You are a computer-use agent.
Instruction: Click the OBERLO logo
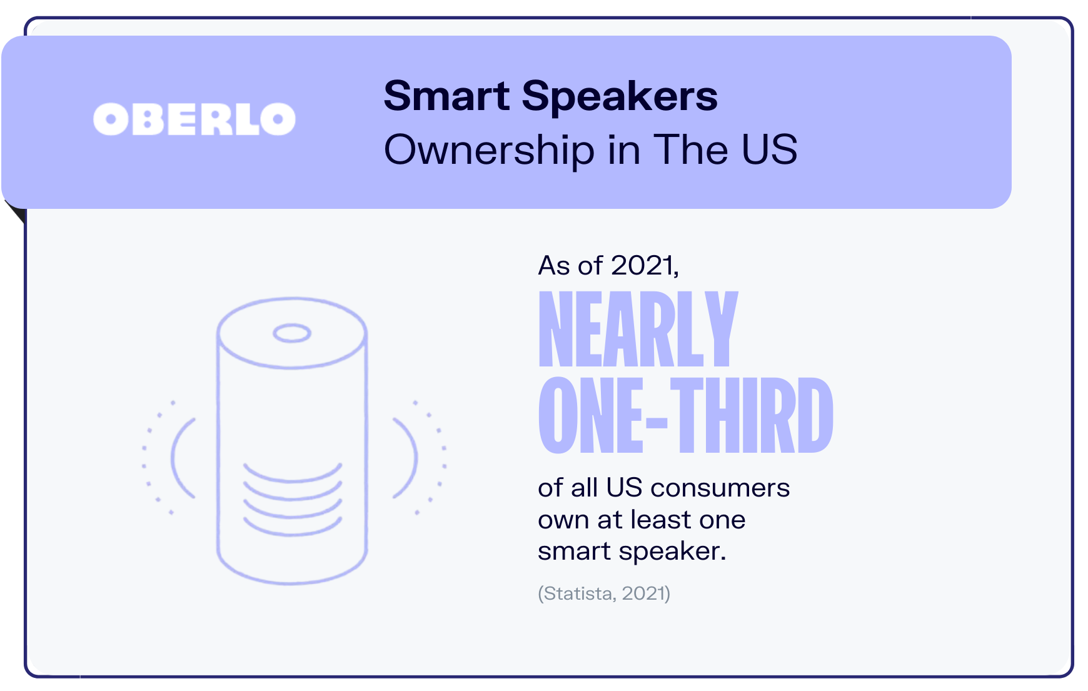point(194,119)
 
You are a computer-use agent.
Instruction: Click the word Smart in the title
point(446,96)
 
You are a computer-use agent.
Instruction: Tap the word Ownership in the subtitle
point(488,151)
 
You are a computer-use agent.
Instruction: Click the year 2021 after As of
point(643,266)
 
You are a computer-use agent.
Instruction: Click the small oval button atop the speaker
point(291,333)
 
